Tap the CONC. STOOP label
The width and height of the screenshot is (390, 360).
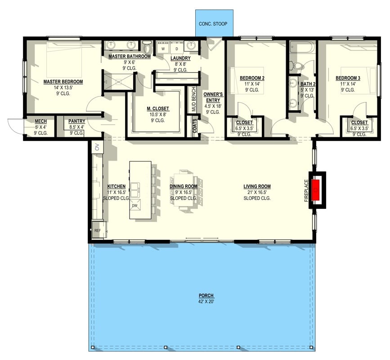[x=214, y=23]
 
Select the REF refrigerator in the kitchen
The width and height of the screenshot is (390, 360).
[x=98, y=230]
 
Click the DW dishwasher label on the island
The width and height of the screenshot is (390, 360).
[x=134, y=206]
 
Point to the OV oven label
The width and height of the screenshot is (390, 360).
[x=95, y=147]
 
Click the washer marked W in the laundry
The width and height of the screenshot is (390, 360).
[x=163, y=48]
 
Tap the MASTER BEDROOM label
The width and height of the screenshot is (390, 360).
[x=63, y=82]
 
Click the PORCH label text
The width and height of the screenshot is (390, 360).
[x=206, y=296]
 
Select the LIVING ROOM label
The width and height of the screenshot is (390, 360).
[x=257, y=186]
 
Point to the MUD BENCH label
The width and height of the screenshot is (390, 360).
[x=194, y=99]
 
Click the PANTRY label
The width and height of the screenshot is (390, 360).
[x=77, y=121]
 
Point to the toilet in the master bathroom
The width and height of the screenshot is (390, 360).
[x=147, y=46]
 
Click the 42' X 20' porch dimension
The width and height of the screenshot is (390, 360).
[x=206, y=301]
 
